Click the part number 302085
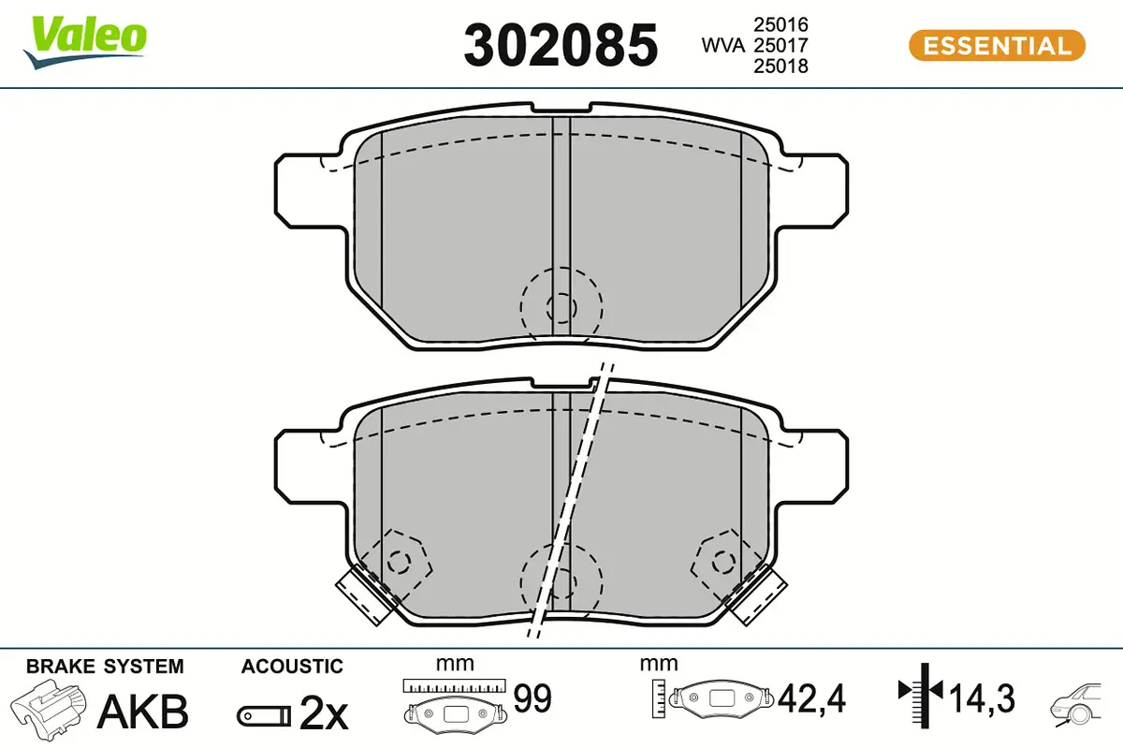[x=561, y=45]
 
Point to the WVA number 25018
[x=780, y=66]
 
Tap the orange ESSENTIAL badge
[x=997, y=45]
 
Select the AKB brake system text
[x=143, y=712]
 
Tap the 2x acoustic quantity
[x=323, y=715]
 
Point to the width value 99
[x=532, y=698]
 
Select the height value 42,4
[x=811, y=698]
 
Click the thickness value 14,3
[x=982, y=698]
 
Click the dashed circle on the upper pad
[x=561, y=305]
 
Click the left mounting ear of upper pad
[x=299, y=189]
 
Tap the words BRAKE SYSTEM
[x=105, y=667]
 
